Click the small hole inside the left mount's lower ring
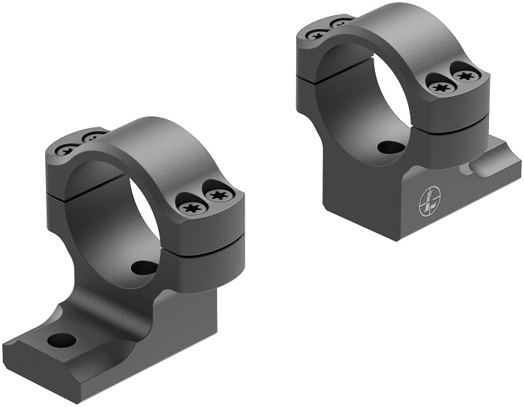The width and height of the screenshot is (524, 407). click(x=140, y=267)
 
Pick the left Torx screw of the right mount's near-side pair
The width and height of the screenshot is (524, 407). click(x=439, y=87)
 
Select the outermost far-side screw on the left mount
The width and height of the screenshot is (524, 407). click(x=66, y=150)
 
